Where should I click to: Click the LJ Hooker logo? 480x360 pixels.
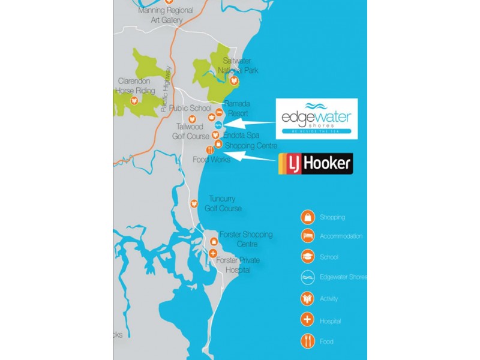click(x=316, y=164)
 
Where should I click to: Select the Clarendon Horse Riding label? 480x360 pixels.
click(x=137, y=86)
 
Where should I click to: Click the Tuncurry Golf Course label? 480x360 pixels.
click(x=223, y=203)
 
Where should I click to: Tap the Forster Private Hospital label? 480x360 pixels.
click(x=238, y=265)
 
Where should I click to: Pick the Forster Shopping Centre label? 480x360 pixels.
click(x=246, y=239)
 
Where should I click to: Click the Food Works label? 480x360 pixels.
click(x=212, y=160)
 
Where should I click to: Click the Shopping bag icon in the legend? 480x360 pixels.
click(x=308, y=217)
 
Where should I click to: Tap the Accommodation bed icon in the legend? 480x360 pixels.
click(x=308, y=236)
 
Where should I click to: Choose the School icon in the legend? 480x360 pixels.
click(x=308, y=257)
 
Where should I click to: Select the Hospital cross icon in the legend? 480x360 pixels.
click(x=308, y=320)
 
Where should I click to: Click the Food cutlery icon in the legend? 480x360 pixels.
click(x=308, y=341)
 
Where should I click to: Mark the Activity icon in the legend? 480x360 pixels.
click(x=308, y=298)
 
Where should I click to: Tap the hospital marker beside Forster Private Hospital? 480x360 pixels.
click(x=213, y=253)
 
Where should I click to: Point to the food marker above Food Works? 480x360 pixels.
click(x=209, y=150)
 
